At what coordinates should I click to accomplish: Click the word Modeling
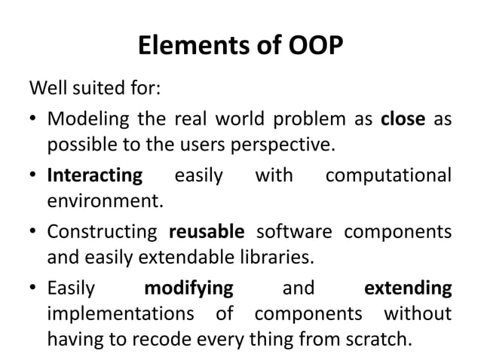point(81,120)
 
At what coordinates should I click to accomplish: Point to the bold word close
point(403,120)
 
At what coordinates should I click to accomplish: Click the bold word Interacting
point(94,176)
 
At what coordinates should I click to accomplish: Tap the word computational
point(388,176)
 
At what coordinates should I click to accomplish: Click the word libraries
point(274,257)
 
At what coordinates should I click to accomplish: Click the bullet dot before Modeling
point(35,121)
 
